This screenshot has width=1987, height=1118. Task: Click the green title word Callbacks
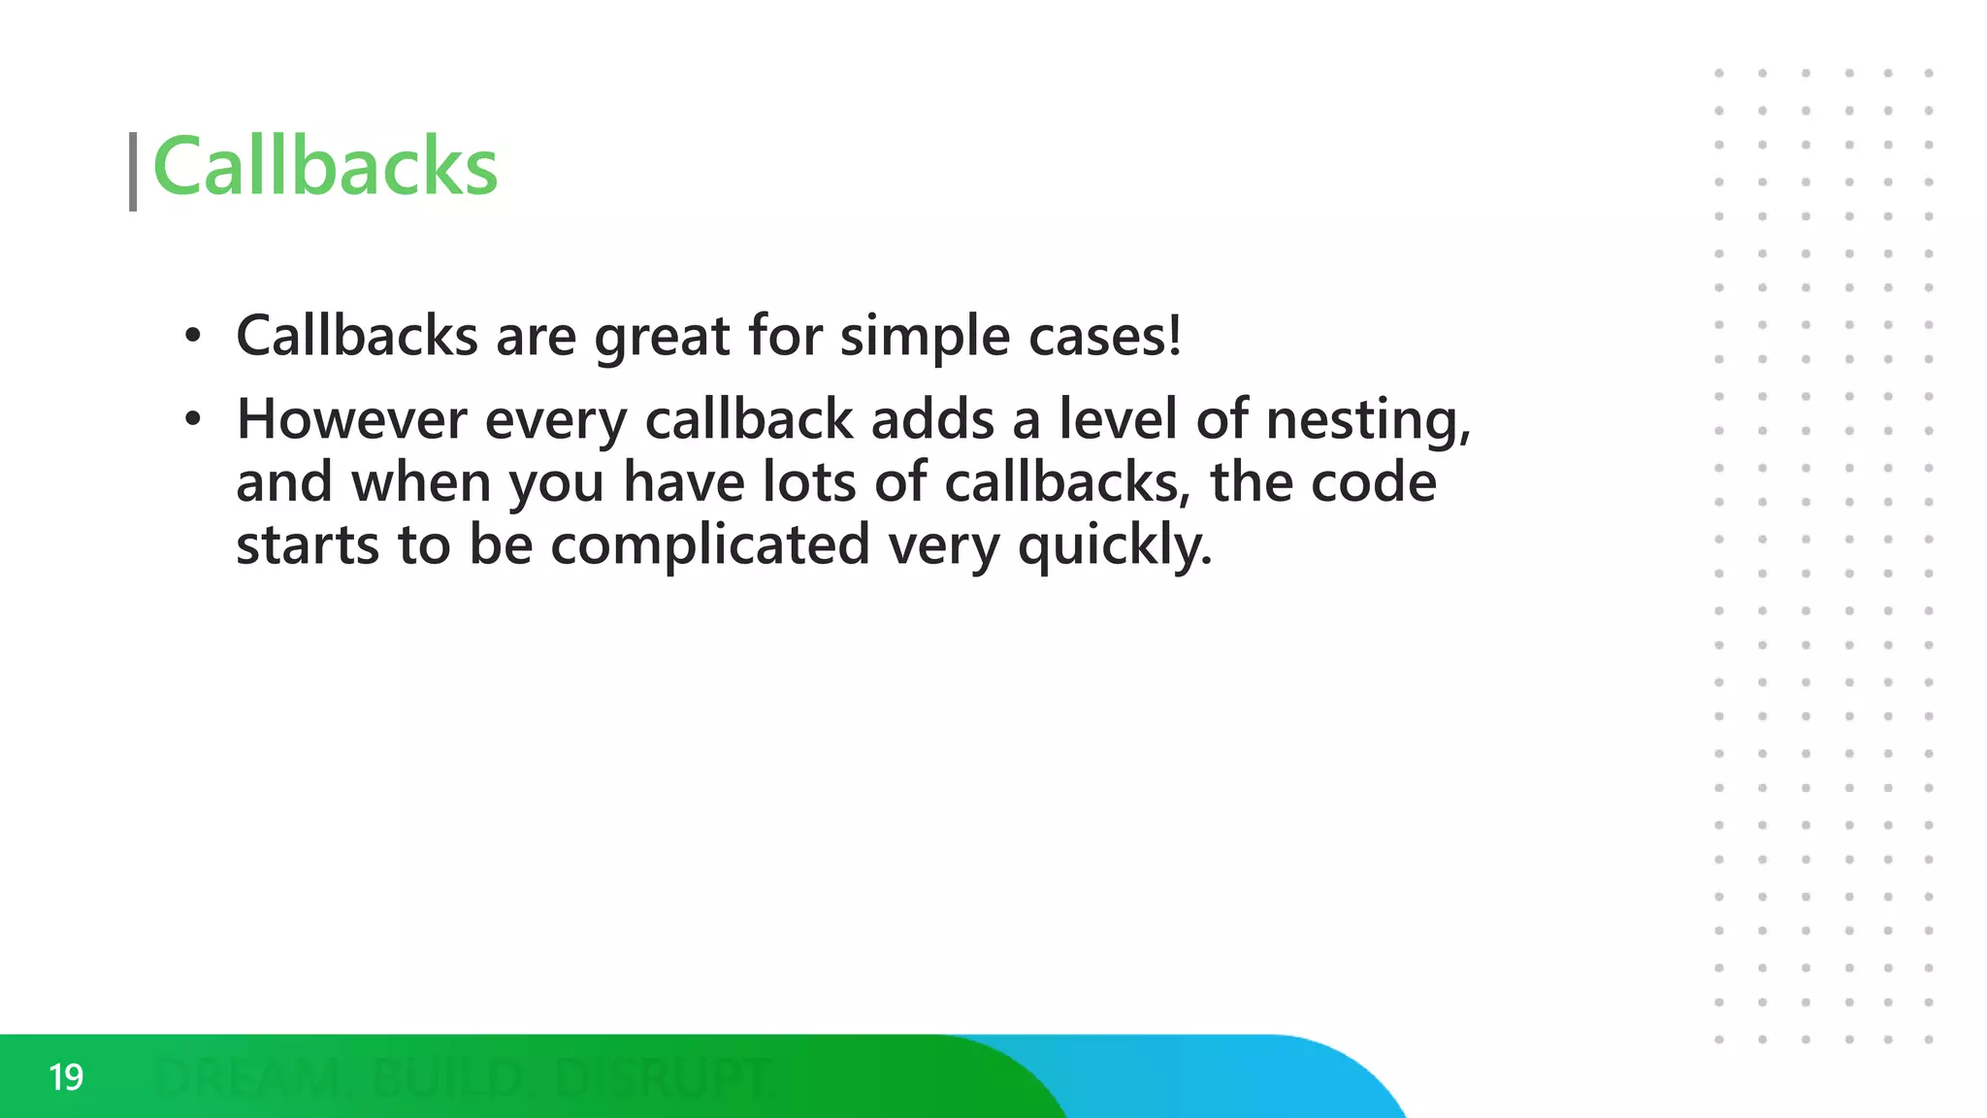325,167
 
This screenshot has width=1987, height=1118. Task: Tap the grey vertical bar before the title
133,172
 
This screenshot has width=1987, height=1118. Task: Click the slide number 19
66,1077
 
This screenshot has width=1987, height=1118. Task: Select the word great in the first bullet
662,338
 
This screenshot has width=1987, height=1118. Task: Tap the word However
351,419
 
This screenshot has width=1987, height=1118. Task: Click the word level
1118,419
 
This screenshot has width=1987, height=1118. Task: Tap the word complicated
709,545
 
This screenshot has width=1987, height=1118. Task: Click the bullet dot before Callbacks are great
193,337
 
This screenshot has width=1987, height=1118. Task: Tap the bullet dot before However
193,419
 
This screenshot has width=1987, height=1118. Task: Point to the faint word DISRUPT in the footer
664,1078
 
